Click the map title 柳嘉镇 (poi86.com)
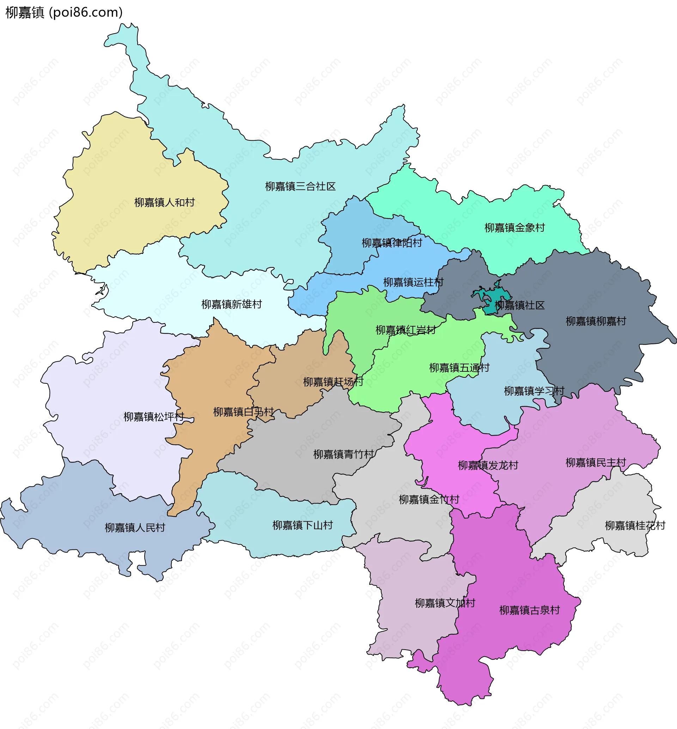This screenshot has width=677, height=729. [64, 12]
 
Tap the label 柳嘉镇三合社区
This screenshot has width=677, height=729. [300, 187]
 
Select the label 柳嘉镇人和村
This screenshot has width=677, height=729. [164, 202]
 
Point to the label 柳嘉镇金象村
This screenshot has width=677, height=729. [515, 227]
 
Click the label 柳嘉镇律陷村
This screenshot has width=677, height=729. [392, 243]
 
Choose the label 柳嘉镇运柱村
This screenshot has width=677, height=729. [413, 282]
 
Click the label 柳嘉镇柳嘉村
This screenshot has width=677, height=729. [596, 321]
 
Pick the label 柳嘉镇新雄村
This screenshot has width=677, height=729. [232, 304]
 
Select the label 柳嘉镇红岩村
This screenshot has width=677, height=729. [405, 330]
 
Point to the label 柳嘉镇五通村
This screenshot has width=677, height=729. [459, 367]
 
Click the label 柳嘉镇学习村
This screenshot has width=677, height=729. [534, 391]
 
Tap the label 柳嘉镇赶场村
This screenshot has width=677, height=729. [333, 382]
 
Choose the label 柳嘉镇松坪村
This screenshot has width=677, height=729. [153, 417]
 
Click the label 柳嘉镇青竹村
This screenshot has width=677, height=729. [343, 454]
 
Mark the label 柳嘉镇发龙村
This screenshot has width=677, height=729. [488, 465]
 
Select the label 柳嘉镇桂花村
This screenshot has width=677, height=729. [635, 526]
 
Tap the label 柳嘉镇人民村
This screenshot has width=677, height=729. [135, 528]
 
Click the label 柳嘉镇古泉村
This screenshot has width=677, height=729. [529, 610]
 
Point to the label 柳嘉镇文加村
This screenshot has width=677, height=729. [445, 603]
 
